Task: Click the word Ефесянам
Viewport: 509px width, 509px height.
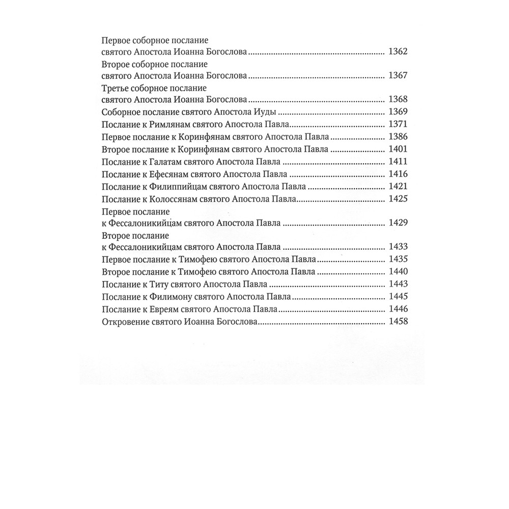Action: point(160,175)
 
